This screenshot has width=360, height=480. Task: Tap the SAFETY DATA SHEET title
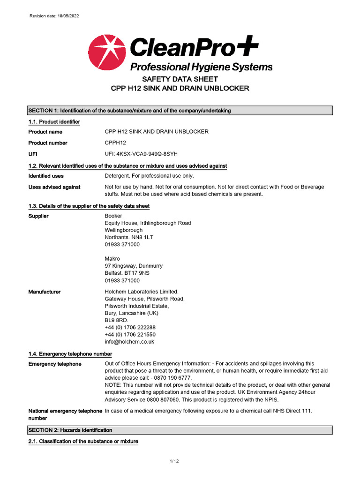[x=180, y=79]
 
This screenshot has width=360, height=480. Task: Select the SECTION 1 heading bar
[x=180, y=111]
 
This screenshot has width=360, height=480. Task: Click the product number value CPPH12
[x=115, y=143]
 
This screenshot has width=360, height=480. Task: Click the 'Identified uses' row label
[x=46, y=176]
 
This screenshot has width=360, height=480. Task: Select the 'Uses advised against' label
[x=54, y=187]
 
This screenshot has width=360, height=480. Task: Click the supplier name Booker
[x=113, y=216]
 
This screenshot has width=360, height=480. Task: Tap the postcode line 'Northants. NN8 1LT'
[x=129, y=237]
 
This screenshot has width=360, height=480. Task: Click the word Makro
[x=112, y=259]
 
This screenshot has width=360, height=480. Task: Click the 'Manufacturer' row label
[x=45, y=292]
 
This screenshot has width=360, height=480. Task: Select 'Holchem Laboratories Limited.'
[x=142, y=292]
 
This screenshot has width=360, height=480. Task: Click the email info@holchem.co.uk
[x=129, y=342]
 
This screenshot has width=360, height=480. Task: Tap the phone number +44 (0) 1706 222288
[x=130, y=327]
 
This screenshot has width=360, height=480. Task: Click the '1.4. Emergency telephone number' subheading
[x=70, y=354]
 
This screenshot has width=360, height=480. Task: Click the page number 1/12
[x=174, y=462]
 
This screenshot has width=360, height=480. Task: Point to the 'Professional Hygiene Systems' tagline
[x=201, y=67]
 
